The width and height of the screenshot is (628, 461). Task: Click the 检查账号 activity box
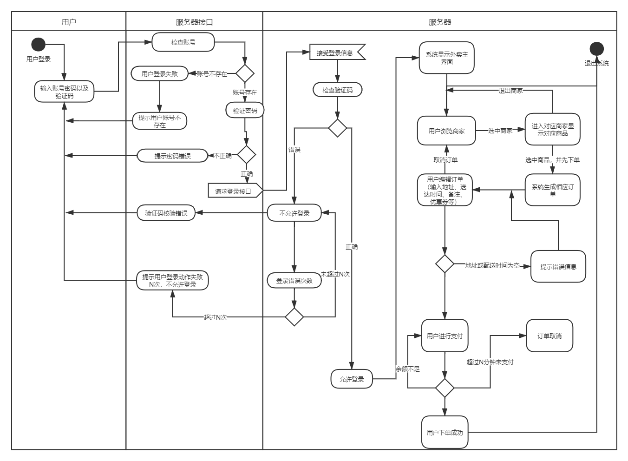point(183,42)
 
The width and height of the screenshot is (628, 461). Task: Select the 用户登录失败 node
point(159,73)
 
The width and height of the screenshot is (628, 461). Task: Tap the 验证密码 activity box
point(245,111)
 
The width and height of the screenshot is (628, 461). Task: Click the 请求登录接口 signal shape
point(234,191)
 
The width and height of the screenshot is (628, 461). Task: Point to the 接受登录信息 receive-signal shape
point(336,53)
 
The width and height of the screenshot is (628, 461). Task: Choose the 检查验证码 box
point(338,90)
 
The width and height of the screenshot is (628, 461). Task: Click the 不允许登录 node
point(294,213)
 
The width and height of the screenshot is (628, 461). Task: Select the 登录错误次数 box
point(294,280)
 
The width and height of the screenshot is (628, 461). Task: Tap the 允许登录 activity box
point(352,379)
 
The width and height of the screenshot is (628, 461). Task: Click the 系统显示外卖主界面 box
point(446,58)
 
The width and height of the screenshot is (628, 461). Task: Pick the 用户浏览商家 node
point(446,131)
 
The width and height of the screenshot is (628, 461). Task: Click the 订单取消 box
point(549,336)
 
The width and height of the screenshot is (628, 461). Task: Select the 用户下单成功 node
point(445,432)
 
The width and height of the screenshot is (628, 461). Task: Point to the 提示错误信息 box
point(558,266)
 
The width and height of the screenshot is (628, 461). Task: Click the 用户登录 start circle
point(38,45)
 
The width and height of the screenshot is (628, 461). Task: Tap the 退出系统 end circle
point(596,49)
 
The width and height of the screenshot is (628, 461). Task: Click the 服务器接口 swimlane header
point(194,22)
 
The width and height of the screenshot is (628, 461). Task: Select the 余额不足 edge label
point(407,369)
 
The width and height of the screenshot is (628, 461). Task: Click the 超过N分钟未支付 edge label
point(490,362)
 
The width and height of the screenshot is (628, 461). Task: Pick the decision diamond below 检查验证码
point(338,128)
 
